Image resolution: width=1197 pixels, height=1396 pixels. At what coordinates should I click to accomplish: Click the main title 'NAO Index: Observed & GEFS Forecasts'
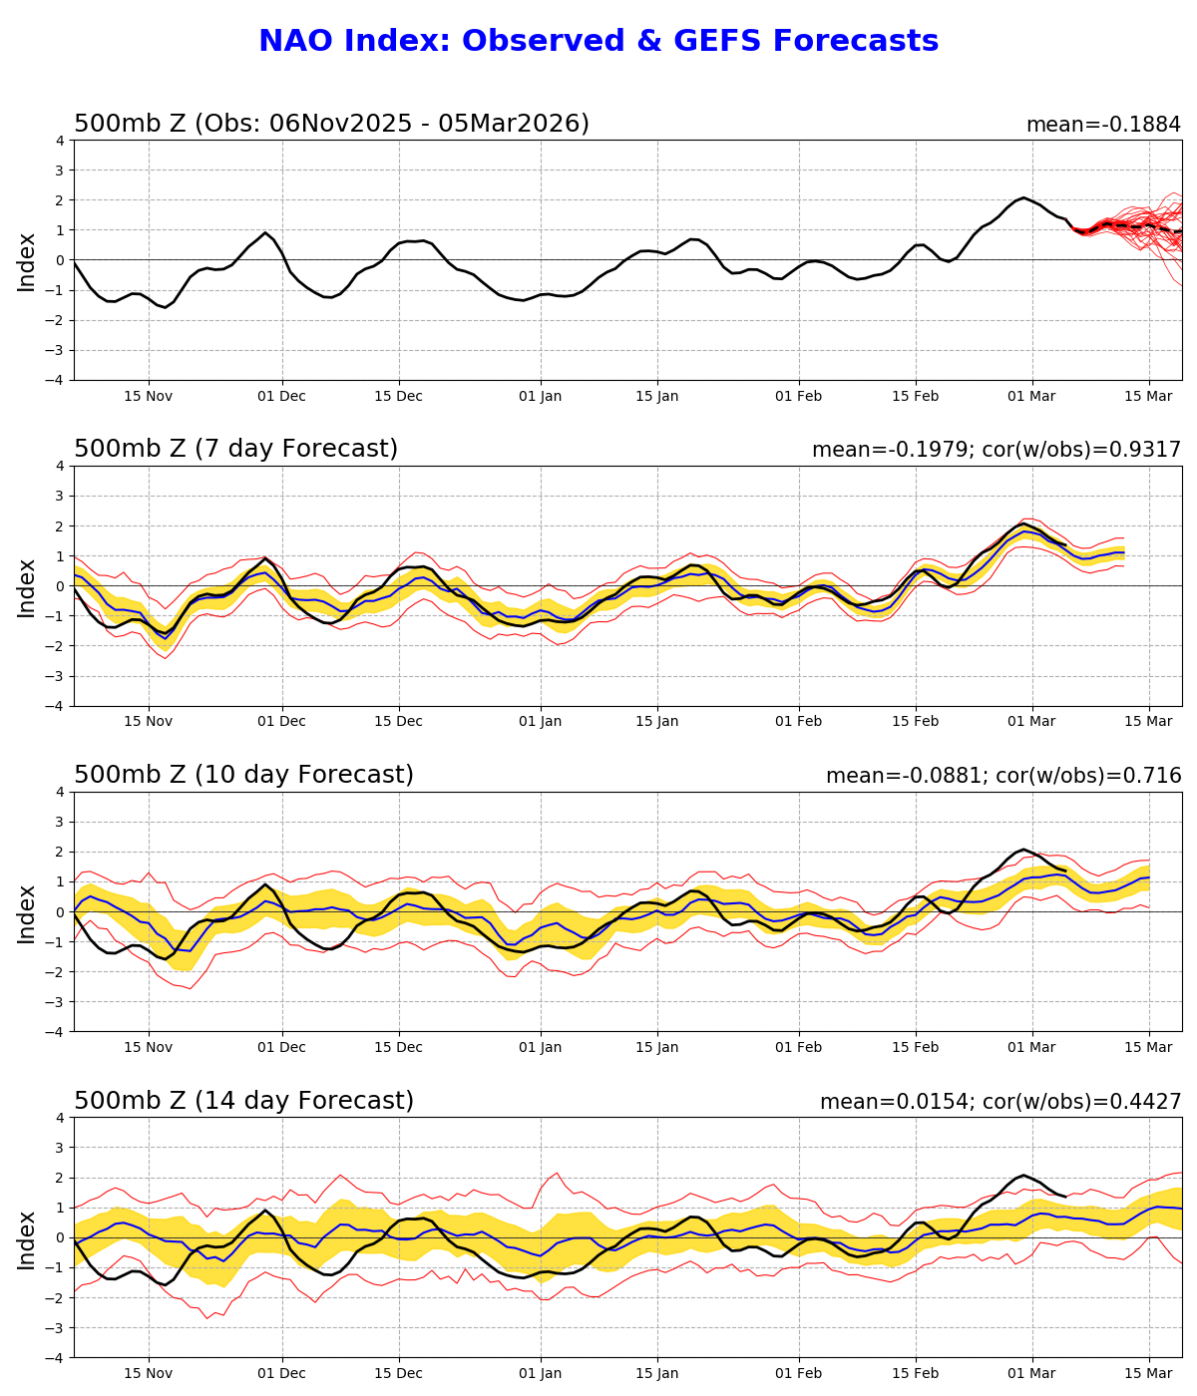[598, 42]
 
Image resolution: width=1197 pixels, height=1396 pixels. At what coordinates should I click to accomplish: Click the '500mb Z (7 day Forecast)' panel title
[235, 450]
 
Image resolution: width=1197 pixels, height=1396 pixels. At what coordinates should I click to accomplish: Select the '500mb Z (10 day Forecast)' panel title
[243, 776]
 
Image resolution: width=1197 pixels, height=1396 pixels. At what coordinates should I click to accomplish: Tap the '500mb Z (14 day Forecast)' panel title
[243, 1102]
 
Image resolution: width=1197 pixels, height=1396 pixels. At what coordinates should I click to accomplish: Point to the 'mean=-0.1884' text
[1103, 126]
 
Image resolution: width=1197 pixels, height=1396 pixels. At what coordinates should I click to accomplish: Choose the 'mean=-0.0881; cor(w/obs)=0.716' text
[1003, 777]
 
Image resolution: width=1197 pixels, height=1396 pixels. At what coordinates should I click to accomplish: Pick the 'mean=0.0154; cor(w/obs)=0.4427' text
[1000, 1103]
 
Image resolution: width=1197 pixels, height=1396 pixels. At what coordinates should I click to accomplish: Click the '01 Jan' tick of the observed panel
[541, 396]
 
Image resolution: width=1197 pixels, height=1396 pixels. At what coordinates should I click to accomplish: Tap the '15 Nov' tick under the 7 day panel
[149, 722]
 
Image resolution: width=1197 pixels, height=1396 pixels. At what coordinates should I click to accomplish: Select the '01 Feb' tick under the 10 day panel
[798, 1048]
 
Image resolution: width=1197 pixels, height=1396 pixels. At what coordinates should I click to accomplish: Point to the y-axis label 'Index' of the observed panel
[27, 261]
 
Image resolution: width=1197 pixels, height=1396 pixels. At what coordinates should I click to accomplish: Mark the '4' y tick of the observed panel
[61, 141]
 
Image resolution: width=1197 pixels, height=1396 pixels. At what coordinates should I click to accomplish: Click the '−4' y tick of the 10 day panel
[57, 1032]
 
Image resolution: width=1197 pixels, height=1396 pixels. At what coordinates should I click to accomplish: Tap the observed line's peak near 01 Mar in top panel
[1023, 197]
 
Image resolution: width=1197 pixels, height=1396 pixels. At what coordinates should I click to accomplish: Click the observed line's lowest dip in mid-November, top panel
[166, 307]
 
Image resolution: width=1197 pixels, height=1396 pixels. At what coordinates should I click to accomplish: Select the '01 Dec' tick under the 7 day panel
[281, 722]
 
